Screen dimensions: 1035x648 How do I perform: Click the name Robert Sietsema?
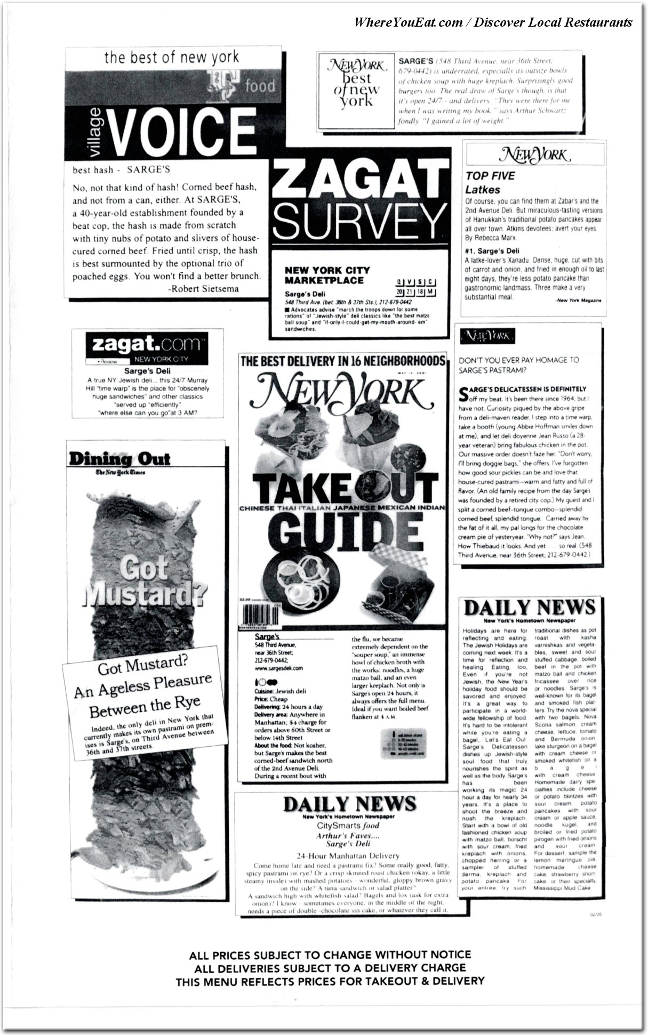[x=203, y=289]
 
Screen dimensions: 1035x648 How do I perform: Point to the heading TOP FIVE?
[x=490, y=176]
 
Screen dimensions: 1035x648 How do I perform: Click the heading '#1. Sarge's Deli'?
[x=492, y=251]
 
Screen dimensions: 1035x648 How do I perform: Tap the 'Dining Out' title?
[x=119, y=459]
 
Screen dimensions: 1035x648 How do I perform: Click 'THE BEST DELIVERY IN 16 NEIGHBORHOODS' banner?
[x=342, y=361]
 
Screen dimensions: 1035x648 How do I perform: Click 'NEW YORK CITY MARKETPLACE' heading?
[x=327, y=275]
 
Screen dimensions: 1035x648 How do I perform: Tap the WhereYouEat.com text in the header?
[x=409, y=22]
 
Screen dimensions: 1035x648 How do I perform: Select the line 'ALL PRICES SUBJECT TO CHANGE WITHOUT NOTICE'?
[x=330, y=955]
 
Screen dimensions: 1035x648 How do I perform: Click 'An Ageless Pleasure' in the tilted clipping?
[x=143, y=686]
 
